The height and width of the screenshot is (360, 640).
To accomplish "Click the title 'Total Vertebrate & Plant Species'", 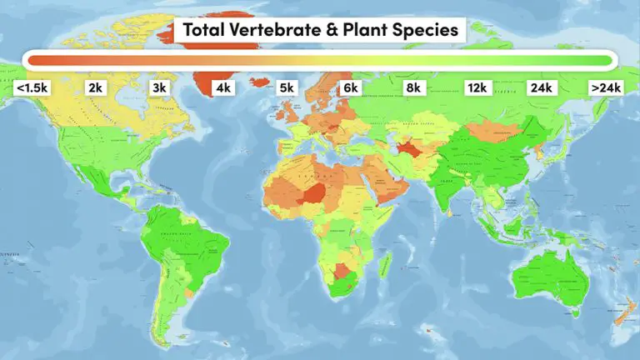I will click(x=320, y=31).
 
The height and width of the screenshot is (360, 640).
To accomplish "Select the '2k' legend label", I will click(x=95, y=87).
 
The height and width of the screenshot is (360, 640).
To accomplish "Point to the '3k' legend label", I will click(x=159, y=87).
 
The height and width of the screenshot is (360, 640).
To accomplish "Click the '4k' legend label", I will click(x=223, y=87).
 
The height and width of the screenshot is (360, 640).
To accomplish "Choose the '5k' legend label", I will click(x=287, y=87).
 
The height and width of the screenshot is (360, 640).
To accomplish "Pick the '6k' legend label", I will click(x=350, y=87).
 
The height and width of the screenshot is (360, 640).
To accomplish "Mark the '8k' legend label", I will click(x=414, y=87).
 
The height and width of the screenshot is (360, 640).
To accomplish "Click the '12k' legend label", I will click(x=477, y=87).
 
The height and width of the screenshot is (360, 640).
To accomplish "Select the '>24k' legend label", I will click(x=605, y=87).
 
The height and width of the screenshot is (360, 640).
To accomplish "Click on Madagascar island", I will click(x=386, y=268).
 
